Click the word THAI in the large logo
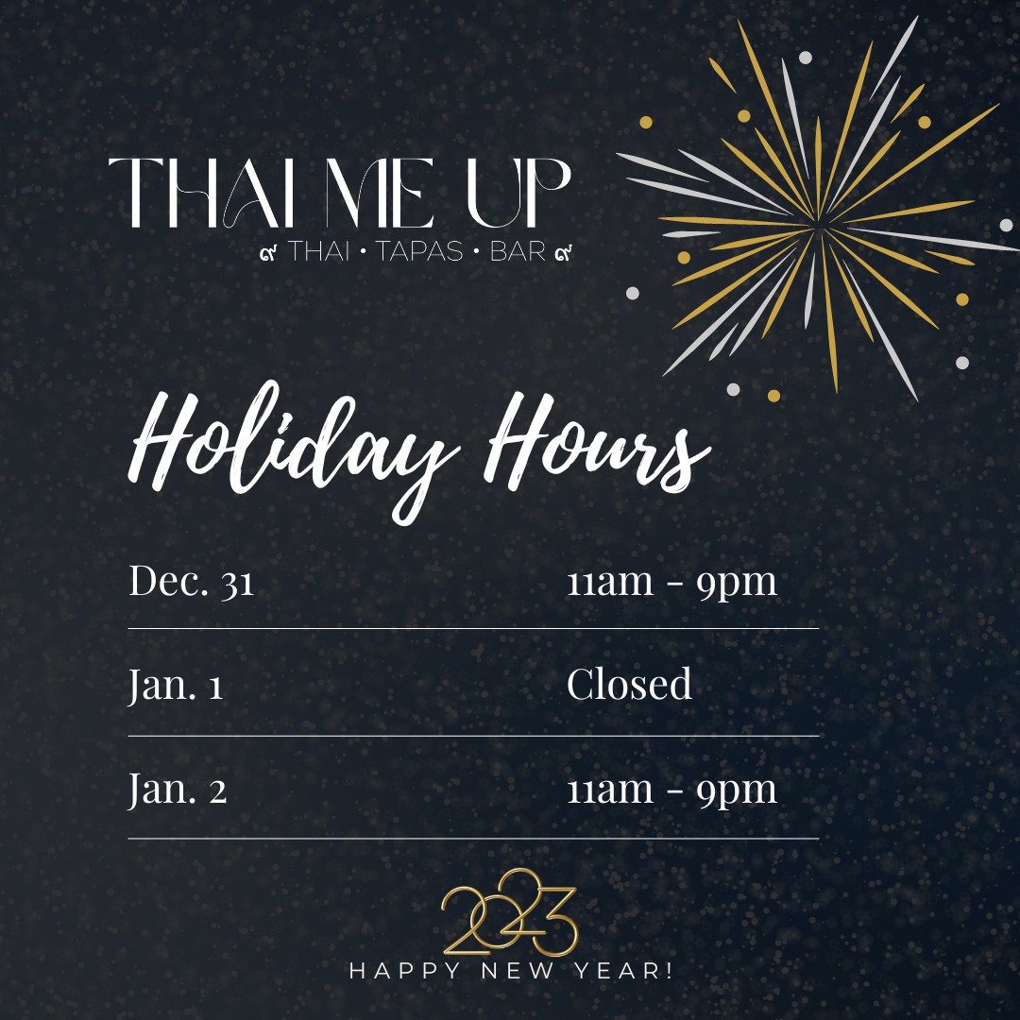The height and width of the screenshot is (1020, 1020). tap(199, 193)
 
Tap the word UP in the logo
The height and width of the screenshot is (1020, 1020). tap(519, 193)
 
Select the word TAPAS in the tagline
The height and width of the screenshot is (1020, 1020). tap(419, 251)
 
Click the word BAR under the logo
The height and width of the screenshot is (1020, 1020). tap(518, 251)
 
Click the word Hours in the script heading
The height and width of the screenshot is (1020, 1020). tap(597, 442)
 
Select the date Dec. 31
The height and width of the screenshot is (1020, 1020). tap(191, 580)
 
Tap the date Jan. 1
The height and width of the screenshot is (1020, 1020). tap(176, 685)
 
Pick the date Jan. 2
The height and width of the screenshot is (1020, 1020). tap(178, 789)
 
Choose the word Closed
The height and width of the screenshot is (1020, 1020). tap(629, 684)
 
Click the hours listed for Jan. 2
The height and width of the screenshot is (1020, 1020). tap(672, 790)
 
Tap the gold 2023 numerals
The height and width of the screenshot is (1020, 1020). tap(509, 912)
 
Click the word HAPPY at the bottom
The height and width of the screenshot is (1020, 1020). tap(404, 971)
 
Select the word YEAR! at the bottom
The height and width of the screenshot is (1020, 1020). tap(623, 971)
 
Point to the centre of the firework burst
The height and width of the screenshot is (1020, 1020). tap(818, 228)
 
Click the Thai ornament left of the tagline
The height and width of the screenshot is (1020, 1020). tap(268, 252)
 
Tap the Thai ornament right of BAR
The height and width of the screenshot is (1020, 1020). tap(563, 252)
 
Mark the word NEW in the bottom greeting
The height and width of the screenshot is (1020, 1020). tap(518, 971)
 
